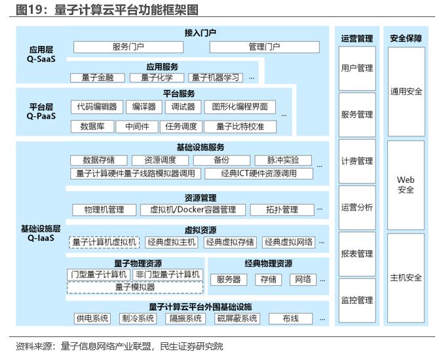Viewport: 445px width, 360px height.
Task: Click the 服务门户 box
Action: coord(128,47)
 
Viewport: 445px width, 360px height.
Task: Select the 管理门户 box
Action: coord(265,47)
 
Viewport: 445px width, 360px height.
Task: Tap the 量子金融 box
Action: coord(98,78)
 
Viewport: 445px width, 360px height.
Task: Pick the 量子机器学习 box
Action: coord(216,78)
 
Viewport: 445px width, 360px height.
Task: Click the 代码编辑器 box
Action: coord(97,107)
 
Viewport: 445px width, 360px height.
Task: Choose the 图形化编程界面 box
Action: coord(240,107)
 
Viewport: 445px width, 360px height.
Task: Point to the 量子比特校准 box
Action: coord(240,127)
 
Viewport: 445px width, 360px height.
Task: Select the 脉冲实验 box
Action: coord(283,161)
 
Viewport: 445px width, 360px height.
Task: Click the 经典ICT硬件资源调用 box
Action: coord(259,174)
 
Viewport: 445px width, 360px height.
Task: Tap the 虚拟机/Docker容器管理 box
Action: coord(193,210)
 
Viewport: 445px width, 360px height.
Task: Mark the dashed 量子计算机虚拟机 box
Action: coord(104,243)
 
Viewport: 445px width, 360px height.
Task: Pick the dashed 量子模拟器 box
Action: coord(135,287)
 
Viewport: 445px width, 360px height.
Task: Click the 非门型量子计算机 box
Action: coord(168,275)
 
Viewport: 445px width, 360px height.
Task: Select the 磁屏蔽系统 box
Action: coord(237,319)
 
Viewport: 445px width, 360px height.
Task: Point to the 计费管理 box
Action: coord(357,161)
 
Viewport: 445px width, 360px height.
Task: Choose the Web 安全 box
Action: coord(406,185)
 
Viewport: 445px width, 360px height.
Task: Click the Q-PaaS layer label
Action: coord(41,116)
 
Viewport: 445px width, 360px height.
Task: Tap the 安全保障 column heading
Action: coord(406,38)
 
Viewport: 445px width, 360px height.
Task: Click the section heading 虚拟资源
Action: coord(201,230)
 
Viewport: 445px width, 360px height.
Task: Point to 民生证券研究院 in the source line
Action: coord(191,347)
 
